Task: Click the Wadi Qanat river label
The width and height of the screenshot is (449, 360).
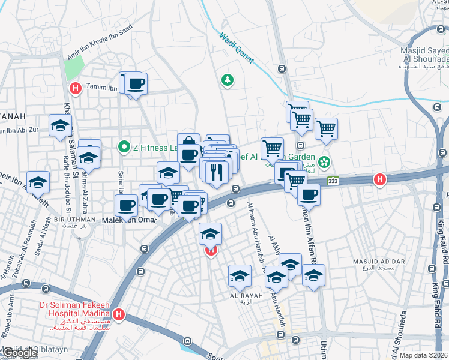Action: coord(237,47)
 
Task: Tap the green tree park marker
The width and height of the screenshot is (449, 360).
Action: coord(227,79)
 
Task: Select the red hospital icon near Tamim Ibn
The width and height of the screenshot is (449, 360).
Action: coord(76,89)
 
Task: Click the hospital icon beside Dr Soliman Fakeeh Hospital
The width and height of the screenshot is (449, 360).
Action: coord(119,314)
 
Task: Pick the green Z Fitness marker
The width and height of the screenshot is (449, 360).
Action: coord(124,146)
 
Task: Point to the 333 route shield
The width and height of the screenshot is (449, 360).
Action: coord(332,181)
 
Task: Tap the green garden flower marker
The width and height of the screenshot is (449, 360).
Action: coord(324,161)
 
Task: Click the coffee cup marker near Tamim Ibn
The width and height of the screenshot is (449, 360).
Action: coord(136,83)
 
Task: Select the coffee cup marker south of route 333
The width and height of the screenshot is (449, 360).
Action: coord(309,193)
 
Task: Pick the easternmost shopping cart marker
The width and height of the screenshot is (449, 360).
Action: coord(326,127)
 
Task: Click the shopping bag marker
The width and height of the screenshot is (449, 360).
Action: coord(188,142)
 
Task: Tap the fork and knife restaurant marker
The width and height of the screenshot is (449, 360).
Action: coord(217,171)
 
